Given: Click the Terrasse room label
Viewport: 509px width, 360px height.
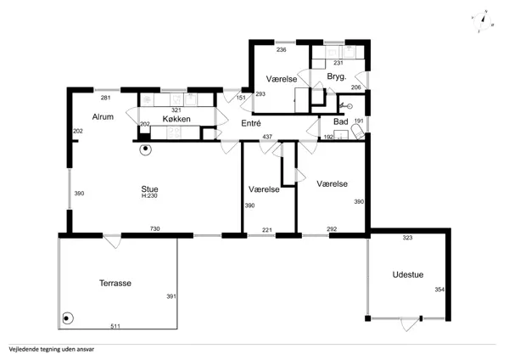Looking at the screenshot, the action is pyautogui.click(x=115, y=283).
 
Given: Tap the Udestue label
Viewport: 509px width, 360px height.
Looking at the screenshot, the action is pyautogui.click(x=408, y=274).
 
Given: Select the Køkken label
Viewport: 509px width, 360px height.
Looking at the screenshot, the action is pyautogui.click(x=176, y=119).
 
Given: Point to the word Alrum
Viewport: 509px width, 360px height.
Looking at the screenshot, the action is pyautogui.click(x=103, y=116).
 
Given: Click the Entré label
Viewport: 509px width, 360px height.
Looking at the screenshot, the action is pyautogui.click(x=251, y=123).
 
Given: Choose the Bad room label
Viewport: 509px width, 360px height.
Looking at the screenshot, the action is pyautogui.click(x=341, y=121).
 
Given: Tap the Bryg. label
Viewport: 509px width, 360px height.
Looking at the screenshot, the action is pyautogui.click(x=337, y=76).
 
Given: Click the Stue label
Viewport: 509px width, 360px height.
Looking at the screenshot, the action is pyautogui.click(x=149, y=188).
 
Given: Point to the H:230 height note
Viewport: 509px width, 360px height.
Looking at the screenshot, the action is pyautogui.click(x=149, y=196).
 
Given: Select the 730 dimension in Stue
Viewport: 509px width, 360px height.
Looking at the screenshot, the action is pyautogui.click(x=155, y=228).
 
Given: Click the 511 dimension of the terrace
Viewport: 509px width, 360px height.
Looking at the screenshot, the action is pyautogui.click(x=115, y=326).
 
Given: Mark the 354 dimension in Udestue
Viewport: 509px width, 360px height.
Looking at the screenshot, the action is pyautogui.click(x=439, y=290).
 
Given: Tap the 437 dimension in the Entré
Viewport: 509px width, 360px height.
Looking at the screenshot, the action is pyautogui.click(x=267, y=137).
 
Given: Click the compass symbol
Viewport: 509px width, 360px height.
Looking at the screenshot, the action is pyautogui.click(x=483, y=21).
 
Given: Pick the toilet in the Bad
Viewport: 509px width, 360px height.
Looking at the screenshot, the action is pyautogui.click(x=358, y=133).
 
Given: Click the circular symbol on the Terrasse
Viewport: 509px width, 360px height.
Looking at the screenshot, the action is pyautogui.click(x=67, y=318).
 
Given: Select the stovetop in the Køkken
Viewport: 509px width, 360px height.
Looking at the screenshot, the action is pyautogui.click(x=174, y=132).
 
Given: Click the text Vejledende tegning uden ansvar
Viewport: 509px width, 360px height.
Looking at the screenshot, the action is pyautogui.click(x=52, y=350).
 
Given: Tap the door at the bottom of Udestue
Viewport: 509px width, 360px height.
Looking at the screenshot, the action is pyautogui.click(x=410, y=324).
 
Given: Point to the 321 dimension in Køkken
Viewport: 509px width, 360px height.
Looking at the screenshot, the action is pyautogui.click(x=176, y=110).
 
